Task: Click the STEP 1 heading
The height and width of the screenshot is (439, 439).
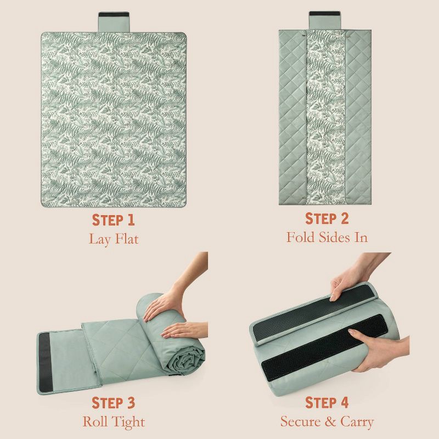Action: (x=114, y=220)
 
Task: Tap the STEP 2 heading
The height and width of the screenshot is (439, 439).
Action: (x=327, y=218)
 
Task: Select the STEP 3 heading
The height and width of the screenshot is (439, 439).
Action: (x=114, y=403)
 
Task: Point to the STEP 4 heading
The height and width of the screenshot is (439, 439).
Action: (x=327, y=403)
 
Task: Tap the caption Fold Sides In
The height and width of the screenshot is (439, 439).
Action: (x=327, y=237)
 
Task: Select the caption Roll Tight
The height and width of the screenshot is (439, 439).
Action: (x=114, y=421)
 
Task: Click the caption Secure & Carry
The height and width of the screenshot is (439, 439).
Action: (x=327, y=421)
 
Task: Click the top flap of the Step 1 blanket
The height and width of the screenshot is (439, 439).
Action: (x=114, y=22)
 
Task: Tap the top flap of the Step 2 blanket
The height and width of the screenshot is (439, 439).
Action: (x=325, y=20)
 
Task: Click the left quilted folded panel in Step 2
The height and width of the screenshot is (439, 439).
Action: (x=293, y=117)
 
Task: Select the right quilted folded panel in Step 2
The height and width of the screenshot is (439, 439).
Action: (x=358, y=117)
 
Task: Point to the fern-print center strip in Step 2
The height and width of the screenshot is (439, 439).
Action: (x=326, y=117)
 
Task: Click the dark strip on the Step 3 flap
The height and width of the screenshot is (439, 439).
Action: (x=46, y=362)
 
